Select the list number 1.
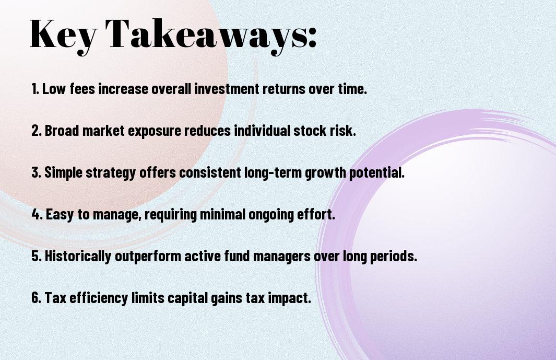pyautogui.click(x=35, y=89)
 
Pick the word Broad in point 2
pyautogui.click(x=62, y=130)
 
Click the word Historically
pyautogui.click(x=78, y=257)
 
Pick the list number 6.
pyautogui.click(x=36, y=297)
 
